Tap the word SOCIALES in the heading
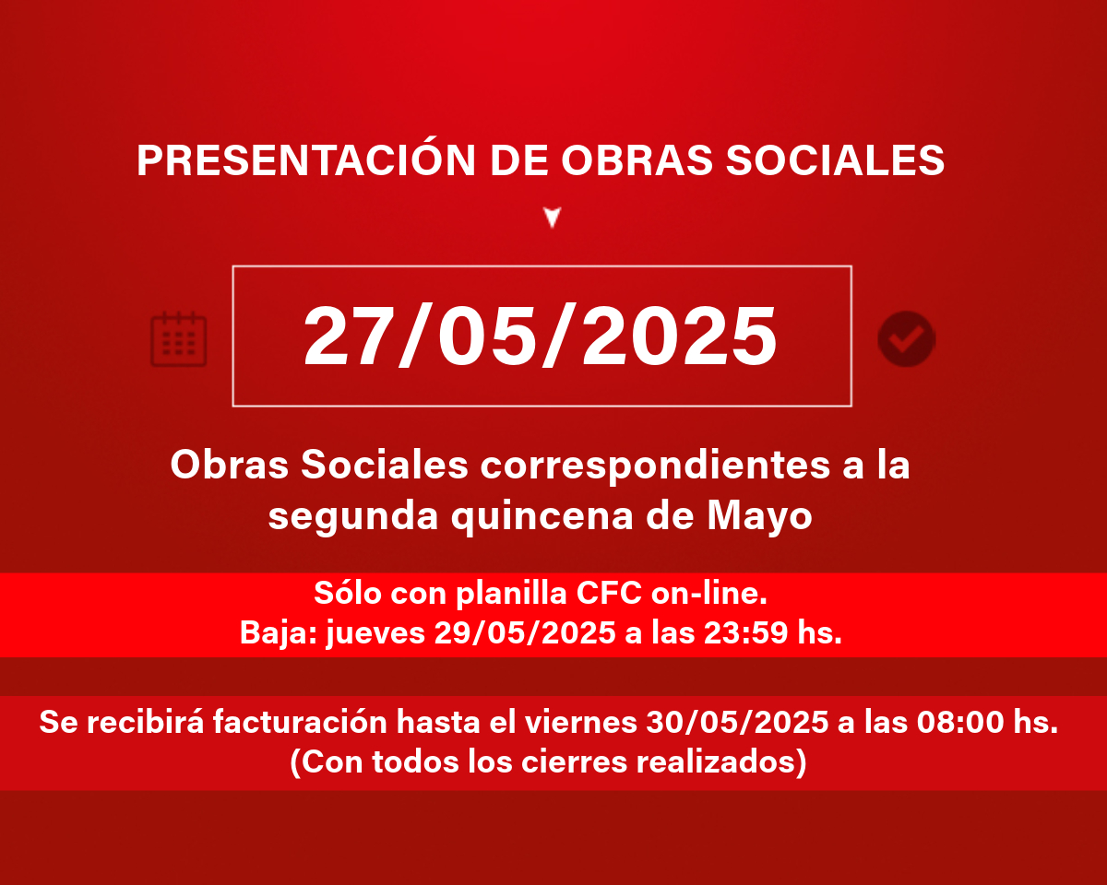point(835,159)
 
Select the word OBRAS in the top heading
point(637,159)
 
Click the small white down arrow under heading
point(553,218)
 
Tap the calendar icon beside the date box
point(178,339)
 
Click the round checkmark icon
point(907,339)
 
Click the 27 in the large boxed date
point(347,336)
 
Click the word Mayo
point(759,516)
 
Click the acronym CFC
point(609,594)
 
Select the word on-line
point(708,594)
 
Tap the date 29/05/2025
point(525,632)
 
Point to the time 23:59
point(745,632)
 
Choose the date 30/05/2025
point(737,722)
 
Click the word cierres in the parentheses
point(574,761)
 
